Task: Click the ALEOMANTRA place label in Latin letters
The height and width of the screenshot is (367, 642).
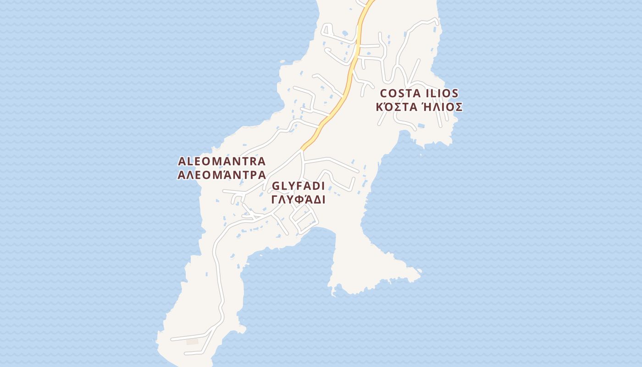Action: [221, 161]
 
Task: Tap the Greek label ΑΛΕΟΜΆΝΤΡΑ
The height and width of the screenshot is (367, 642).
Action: [221, 175]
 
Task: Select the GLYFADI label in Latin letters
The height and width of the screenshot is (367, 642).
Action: [298, 186]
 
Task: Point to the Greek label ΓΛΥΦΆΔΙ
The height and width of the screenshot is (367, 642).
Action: [298, 200]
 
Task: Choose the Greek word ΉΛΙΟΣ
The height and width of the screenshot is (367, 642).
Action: [442, 107]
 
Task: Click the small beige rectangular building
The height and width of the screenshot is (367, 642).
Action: [193, 341]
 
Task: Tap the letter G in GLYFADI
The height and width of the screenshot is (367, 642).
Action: [277, 186]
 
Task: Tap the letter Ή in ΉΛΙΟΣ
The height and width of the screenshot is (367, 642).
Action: [425, 107]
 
